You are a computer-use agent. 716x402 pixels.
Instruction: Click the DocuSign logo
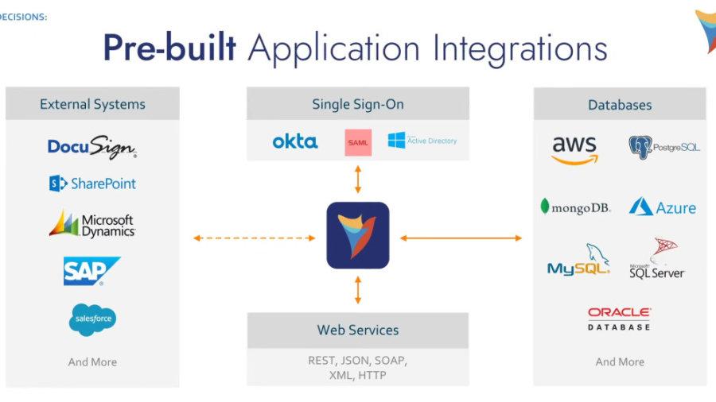pyautogui.click(x=92, y=147)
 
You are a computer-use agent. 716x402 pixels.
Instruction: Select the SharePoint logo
pyautogui.click(x=92, y=184)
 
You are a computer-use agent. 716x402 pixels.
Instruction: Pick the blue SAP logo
pyautogui.click(x=91, y=271)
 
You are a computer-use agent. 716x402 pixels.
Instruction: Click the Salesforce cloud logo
pyautogui.click(x=92, y=319)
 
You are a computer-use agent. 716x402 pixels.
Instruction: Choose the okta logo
pyautogui.click(x=295, y=141)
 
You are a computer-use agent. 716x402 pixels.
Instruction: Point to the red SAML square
pyautogui.click(x=358, y=142)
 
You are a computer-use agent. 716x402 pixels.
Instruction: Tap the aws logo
pyautogui.click(x=574, y=149)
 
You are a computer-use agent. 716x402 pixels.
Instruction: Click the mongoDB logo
pyautogui.click(x=575, y=207)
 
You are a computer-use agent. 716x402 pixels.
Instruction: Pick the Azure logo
pyautogui.click(x=663, y=207)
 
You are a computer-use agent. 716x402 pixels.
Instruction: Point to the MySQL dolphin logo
pyautogui.click(x=578, y=261)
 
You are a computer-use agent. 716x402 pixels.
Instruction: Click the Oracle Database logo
pyautogui.click(x=619, y=319)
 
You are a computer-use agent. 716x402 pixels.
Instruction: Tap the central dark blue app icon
pyautogui.click(x=358, y=235)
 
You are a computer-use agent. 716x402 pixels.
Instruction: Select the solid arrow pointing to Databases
pyautogui.click(x=461, y=238)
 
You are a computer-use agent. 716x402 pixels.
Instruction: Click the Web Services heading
pyautogui.click(x=358, y=330)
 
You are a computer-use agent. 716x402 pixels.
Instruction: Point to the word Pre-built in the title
pyautogui.click(x=169, y=48)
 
